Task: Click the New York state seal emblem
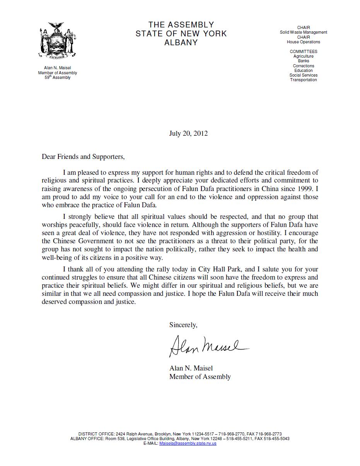tap(57, 41)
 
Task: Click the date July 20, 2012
tap(188, 133)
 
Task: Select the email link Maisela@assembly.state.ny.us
tap(188, 443)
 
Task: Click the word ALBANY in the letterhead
tap(181, 43)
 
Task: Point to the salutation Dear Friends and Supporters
tap(83, 157)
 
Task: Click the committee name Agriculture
tap(304, 56)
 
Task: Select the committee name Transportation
tap(304, 80)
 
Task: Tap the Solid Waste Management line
tap(304, 32)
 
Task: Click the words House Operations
tap(304, 42)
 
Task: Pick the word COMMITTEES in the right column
tap(304, 51)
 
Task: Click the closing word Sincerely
tap(183, 325)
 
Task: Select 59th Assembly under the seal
tap(57, 77)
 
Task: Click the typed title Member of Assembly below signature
tap(200, 377)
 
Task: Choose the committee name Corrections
tap(304, 66)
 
